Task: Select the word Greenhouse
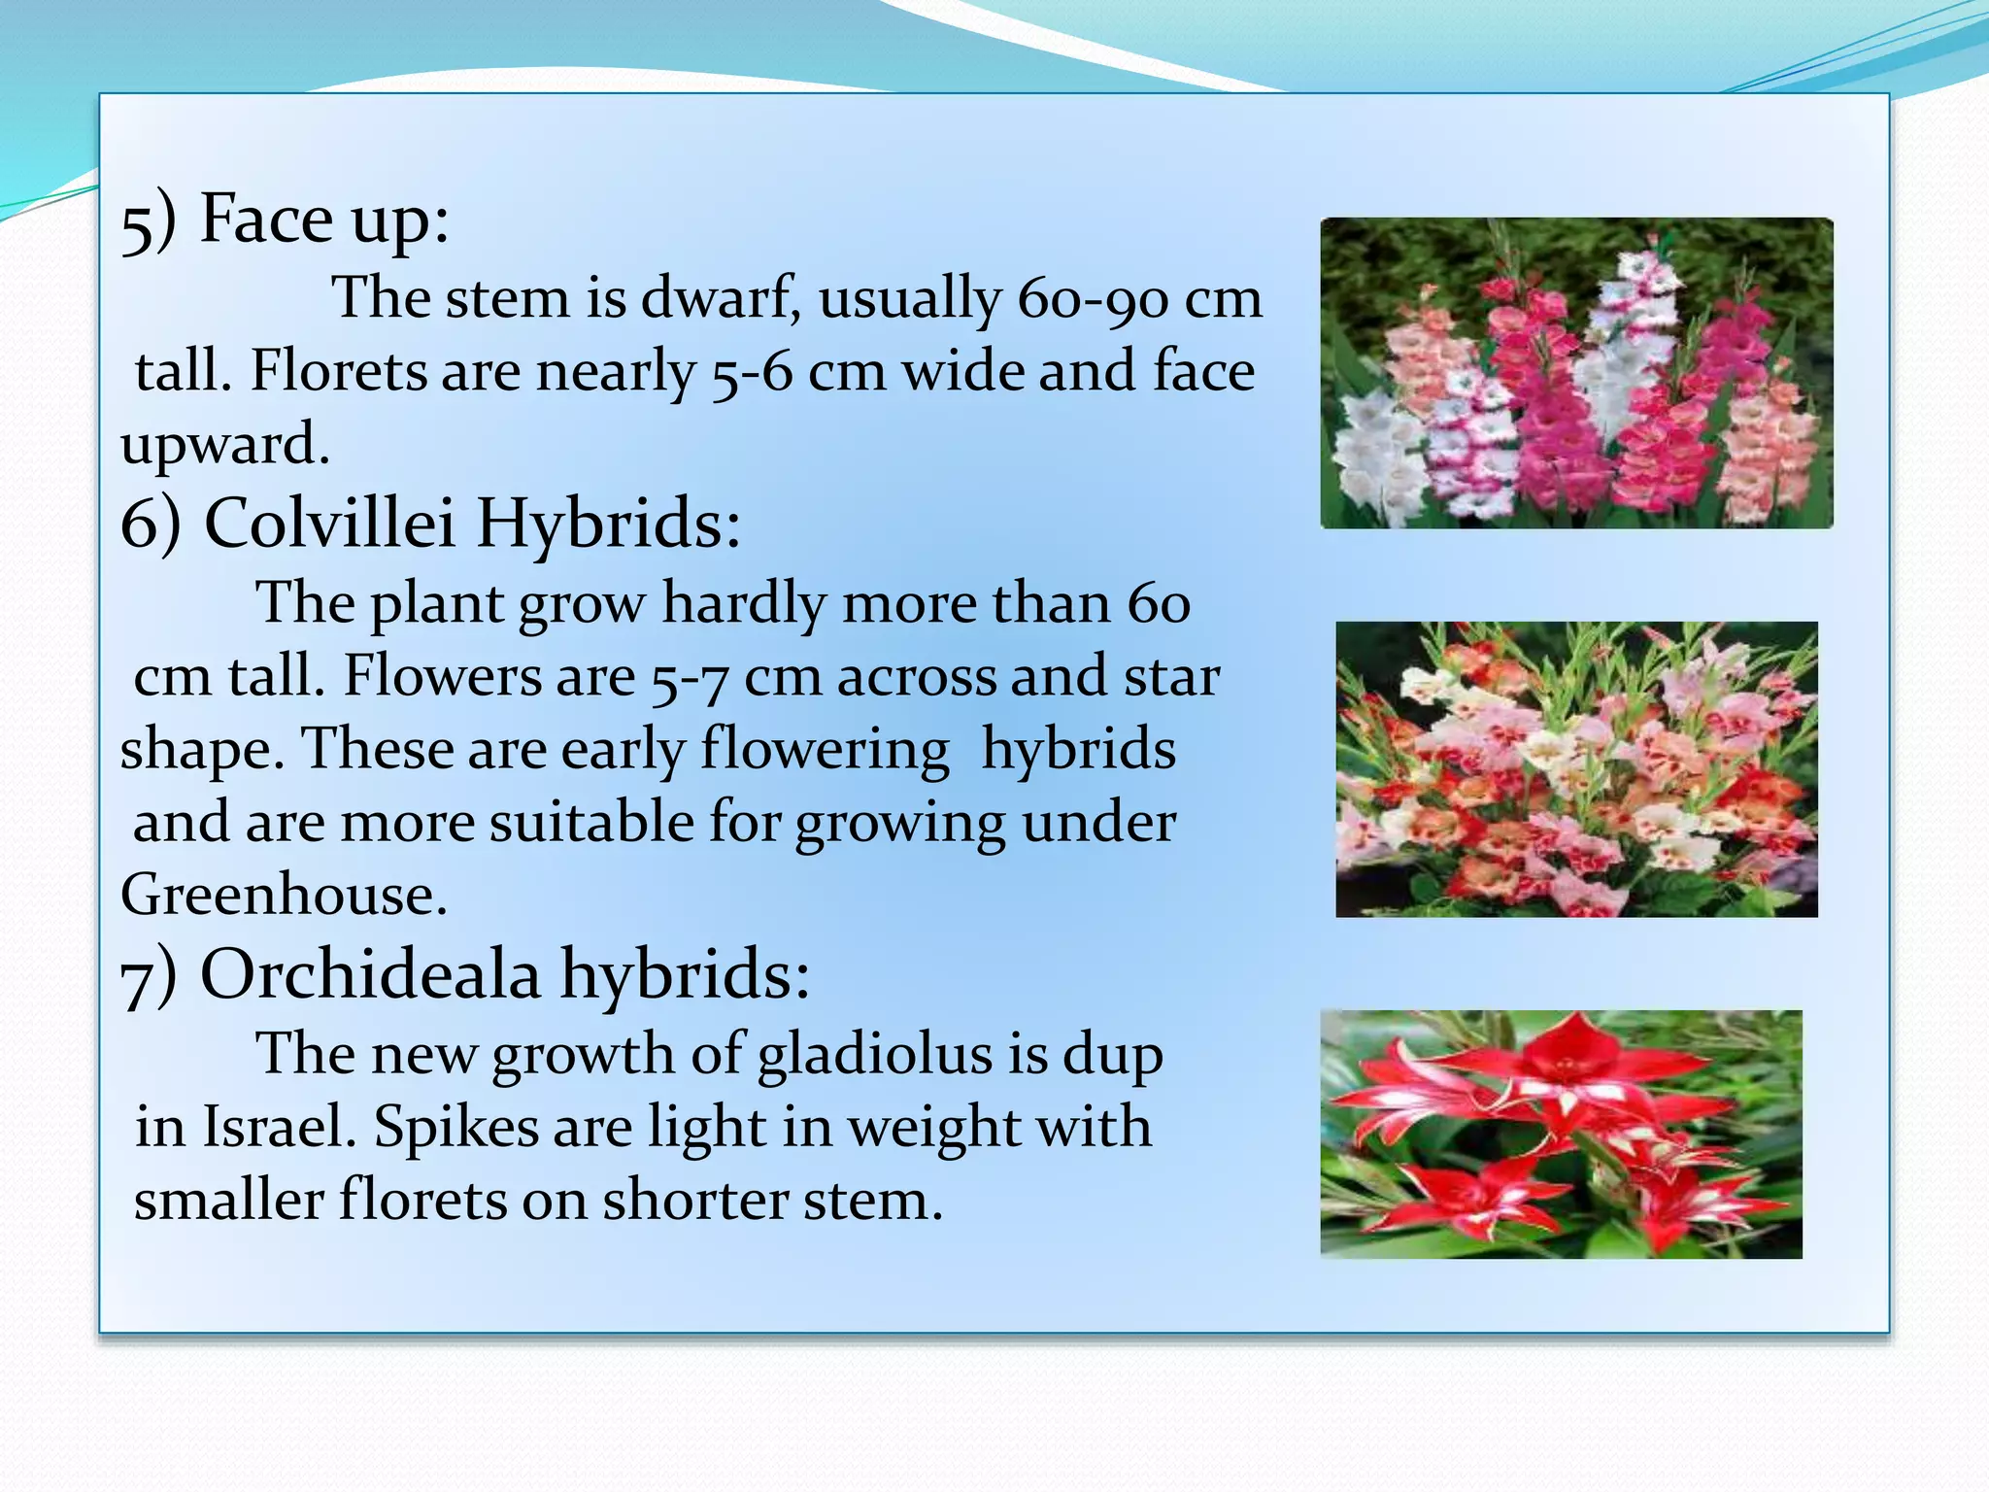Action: (284, 894)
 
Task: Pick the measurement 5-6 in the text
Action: (753, 372)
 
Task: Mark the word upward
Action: (225, 445)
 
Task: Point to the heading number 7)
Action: (149, 976)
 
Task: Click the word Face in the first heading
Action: (266, 219)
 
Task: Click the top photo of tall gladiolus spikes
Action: (1576, 373)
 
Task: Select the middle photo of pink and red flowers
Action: (1576, 769)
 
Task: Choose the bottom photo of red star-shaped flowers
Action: (1561, 1134)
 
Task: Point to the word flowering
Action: (825, 750)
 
